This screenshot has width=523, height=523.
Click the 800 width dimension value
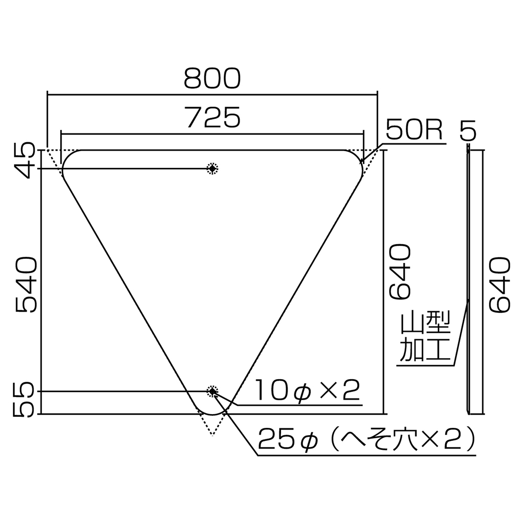pos(212,78)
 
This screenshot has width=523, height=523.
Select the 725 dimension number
pos(214,117)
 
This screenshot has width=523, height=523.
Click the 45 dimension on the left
pos(25,161)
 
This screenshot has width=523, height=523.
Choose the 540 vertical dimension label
pos(25,285)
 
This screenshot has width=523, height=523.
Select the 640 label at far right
pos(499,285)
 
